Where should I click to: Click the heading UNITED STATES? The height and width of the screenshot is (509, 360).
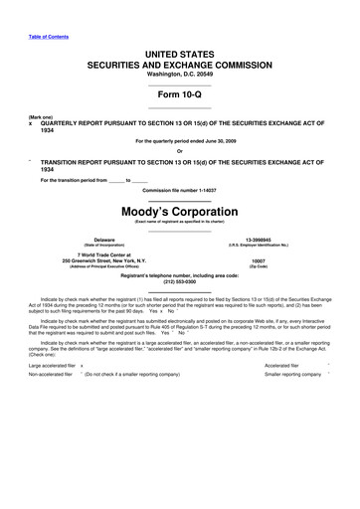pyautogui.click(x=180, y=50)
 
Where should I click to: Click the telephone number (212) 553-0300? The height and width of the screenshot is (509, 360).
pyautogui.click(x=180, y=282)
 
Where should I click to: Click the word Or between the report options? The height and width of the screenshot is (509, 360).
pyautogui.click(x=180, y=151)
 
